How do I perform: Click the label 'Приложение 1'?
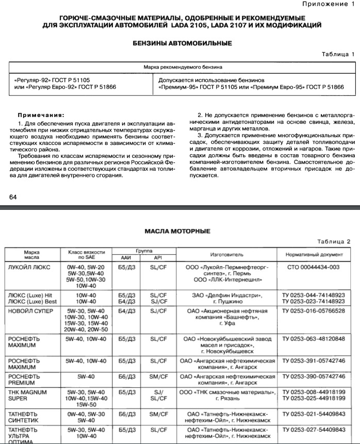click(329, 4)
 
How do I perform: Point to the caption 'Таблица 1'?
click(337, 54)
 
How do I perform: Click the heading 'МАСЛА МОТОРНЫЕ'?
click(177, 231)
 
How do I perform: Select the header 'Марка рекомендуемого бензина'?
click(183, 67)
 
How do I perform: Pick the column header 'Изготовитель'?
click(226, 255)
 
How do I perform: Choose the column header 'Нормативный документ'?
click(314, 255)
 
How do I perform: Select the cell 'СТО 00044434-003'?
click(314, 267)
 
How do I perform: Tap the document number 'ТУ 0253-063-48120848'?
click(314, 339)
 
